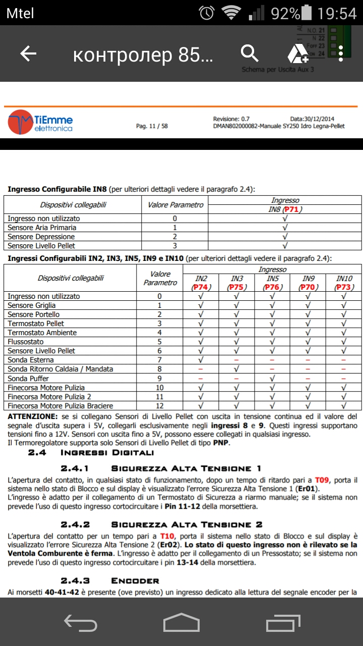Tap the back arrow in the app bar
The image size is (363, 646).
28,54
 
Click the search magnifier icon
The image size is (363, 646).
249,53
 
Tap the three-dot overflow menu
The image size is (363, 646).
341,53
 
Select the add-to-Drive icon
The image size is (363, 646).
297,53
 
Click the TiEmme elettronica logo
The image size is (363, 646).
40,122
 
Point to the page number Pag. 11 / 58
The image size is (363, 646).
152,126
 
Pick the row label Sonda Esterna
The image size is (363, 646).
29,360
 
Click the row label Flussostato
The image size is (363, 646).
26,342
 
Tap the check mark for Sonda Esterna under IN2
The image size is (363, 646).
201,360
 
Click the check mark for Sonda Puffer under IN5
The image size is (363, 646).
272,378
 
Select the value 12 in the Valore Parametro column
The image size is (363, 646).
160,406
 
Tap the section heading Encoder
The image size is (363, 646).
135,581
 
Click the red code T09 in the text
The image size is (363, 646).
323,479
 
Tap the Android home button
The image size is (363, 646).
181,622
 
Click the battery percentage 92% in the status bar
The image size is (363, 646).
285,13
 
